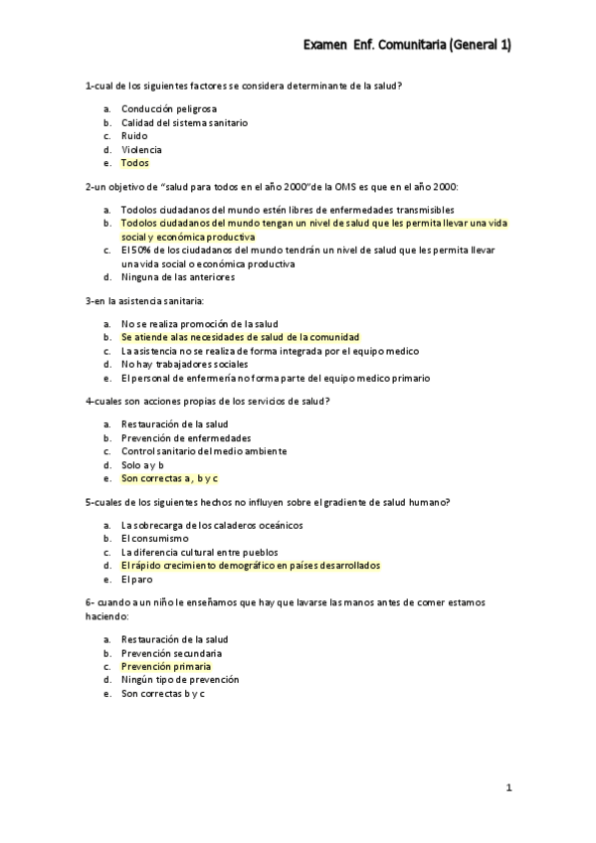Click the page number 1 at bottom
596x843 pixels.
(x=508, y=788)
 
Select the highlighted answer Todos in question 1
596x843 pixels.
(x=134, y=162)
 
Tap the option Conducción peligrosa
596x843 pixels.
(x=169, y=107)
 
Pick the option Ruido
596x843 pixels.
(x=134, y=135)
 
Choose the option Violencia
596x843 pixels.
(x=141, y=149)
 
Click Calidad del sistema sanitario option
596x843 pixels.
(x=184, y=121)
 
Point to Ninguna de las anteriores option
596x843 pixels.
(x=178, y=277)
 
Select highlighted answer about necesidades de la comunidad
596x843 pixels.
(x=240, y=337)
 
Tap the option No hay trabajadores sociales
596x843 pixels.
(x=184, y=364)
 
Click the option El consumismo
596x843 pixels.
(x=154, y=538)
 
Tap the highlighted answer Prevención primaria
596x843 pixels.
(x=159, y=666)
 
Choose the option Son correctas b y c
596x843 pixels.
(x=162, y=694)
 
